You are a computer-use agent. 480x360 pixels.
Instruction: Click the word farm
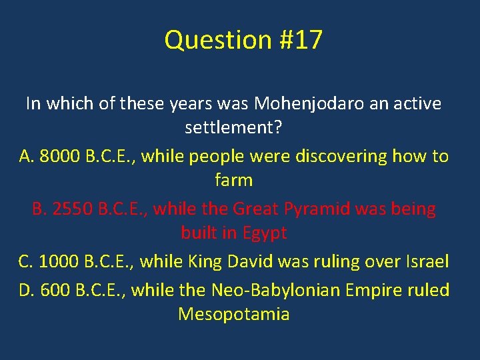[233, 180]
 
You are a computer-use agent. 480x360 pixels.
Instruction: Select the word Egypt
[265, 233]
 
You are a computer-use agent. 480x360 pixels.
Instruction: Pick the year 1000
[57, 262]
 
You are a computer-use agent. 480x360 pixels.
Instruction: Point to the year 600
[55, 291]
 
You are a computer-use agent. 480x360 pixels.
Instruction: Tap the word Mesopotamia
[233, 314]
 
